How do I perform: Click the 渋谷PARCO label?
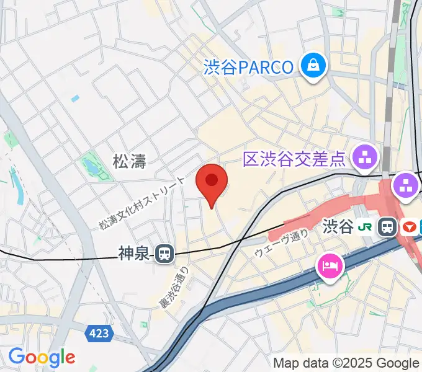point(248,67)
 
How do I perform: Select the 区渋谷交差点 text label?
point(294,159)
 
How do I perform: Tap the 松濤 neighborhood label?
point(129,162)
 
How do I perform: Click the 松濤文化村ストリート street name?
point(142,203)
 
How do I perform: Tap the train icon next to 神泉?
point(164,253)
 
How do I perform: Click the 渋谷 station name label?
point(338,227)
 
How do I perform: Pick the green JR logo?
point(369,227)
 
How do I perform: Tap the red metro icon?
point(408,227)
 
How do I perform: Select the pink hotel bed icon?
point(329,267)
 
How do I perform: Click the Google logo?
point(42,358)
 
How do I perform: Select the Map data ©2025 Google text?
point(346,363)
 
